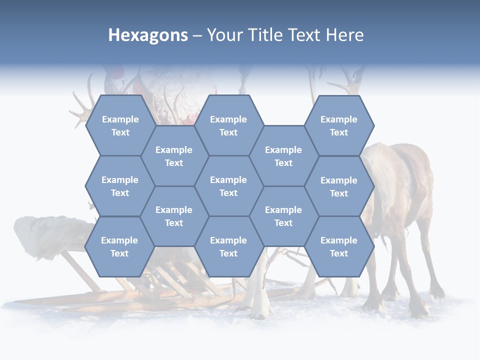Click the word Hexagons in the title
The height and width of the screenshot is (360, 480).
148,35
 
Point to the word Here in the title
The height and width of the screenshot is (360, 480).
344,35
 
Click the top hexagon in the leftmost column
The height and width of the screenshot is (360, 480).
120,125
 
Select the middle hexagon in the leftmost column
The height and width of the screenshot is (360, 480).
120,186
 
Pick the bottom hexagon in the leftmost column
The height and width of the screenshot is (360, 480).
119,246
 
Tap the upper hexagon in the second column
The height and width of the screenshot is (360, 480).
174,156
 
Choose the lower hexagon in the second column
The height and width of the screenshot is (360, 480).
174,216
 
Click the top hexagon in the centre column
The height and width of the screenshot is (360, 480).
228,125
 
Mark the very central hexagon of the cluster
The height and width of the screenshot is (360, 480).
228,186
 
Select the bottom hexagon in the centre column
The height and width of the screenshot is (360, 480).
228,246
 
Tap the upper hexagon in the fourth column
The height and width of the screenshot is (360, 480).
283,156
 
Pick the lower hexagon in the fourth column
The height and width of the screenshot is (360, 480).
283,216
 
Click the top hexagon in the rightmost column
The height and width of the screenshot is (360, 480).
339,125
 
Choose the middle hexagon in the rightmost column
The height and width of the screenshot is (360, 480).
339,186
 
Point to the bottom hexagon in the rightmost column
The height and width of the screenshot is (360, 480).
339,246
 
